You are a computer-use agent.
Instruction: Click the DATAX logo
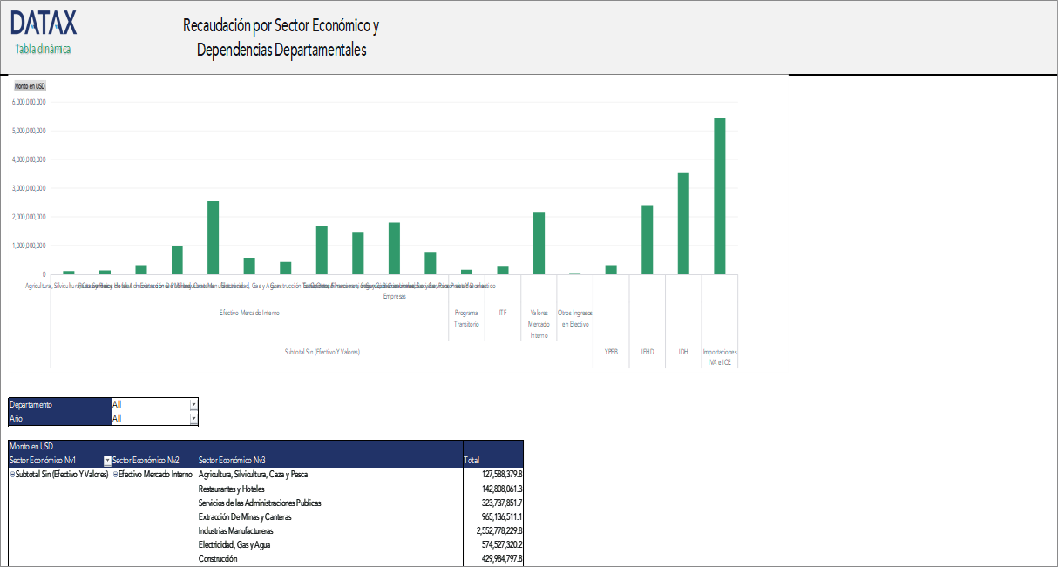coord(44,22)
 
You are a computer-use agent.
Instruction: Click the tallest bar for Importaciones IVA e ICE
coord(719,196)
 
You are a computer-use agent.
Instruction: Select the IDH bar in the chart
coord(683,224)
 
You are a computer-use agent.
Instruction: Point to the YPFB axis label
coord(611,352)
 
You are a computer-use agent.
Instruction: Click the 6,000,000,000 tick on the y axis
coord(29,102)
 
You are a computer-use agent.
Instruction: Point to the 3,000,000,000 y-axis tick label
coord(29,188)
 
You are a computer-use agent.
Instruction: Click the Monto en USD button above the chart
coord(30,86)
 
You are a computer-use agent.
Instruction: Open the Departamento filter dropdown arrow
coord(193,405)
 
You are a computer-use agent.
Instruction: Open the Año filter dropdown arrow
coord(193,419)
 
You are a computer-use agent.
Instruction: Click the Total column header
coord(471,461)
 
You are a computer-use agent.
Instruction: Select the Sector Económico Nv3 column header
coord(232,461)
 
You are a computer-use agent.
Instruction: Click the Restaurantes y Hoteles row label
coord(231,489)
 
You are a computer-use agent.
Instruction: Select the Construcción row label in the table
coord(218,558)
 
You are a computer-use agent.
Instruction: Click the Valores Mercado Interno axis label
coord(539,323)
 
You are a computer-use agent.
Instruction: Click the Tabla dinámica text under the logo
coord(43,49)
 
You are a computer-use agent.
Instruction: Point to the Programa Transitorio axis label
coord(466,318)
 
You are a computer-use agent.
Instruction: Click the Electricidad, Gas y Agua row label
coord(236,544)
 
